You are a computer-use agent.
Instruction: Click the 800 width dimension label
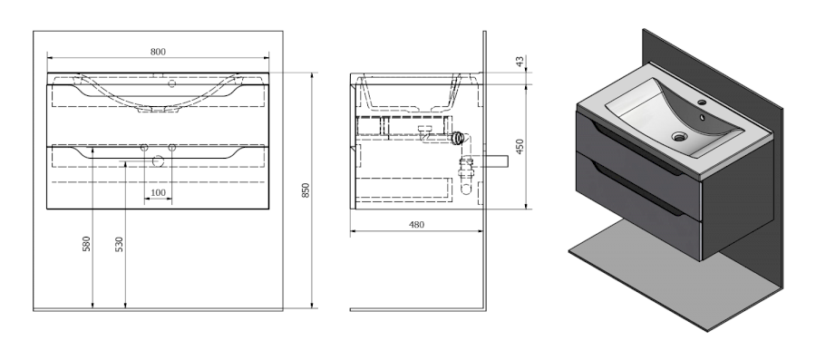coord(158,52)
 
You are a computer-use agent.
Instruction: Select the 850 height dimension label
coord(306,190)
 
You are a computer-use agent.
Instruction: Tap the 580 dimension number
coord(86,243)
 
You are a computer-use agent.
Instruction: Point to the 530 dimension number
coord(119,244)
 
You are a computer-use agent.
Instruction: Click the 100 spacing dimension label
coord(158,192)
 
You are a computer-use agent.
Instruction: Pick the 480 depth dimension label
coord(416,225)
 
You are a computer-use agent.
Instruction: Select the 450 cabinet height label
coord(520,146)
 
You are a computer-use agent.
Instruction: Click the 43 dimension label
coord(520,62)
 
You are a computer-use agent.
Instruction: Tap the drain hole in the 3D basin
coord(679,137)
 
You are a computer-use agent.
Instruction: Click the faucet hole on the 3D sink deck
coord(702,102)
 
